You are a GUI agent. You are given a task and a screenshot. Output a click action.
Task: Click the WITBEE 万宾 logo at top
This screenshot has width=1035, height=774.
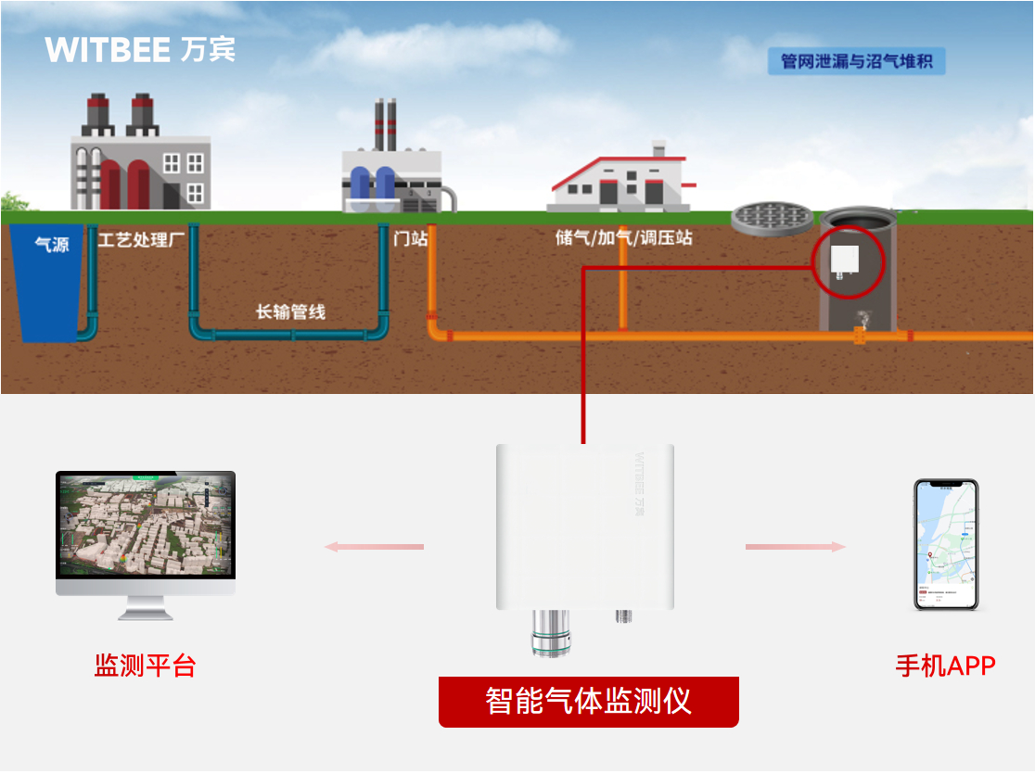tap(140, 49)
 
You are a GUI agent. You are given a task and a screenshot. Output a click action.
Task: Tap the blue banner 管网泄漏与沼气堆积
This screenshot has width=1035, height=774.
tap(856, 62)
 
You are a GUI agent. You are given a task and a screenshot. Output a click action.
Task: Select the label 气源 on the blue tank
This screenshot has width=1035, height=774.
tap(52, 246)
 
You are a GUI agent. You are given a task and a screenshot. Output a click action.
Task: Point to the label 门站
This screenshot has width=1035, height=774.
tap(410, 238)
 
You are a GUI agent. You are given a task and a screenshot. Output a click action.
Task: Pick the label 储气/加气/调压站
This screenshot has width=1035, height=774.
tap(623, 238)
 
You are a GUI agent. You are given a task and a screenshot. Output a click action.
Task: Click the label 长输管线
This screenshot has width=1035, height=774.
tap(290, 311)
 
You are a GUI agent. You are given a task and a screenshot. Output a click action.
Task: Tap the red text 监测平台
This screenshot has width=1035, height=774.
tap(145, 666)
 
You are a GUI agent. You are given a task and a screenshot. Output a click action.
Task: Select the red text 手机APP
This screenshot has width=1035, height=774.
tap(945, 666)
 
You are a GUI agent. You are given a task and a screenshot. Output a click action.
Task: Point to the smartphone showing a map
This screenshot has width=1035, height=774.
tap(945, 544)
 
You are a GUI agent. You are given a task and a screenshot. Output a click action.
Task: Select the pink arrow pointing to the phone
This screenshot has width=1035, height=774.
tap(796, 547)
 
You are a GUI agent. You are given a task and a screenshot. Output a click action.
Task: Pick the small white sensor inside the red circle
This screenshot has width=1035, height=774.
tap(845, 260)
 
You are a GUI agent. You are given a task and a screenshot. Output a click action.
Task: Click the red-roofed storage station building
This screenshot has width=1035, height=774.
tap(620, 181)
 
